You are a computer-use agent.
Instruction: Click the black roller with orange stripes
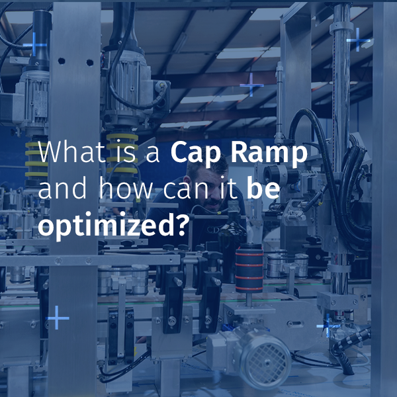point(249,268)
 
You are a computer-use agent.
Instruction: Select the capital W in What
point(50,154)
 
